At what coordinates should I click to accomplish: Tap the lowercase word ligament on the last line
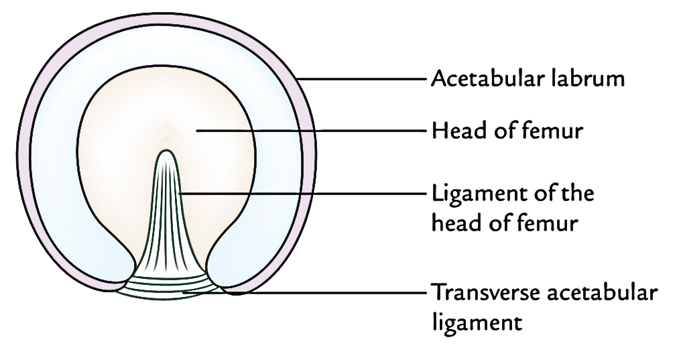tap(476, 322)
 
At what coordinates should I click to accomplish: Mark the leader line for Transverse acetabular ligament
tap(335, 292)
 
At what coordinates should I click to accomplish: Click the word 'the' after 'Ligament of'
tap(576, 195)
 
